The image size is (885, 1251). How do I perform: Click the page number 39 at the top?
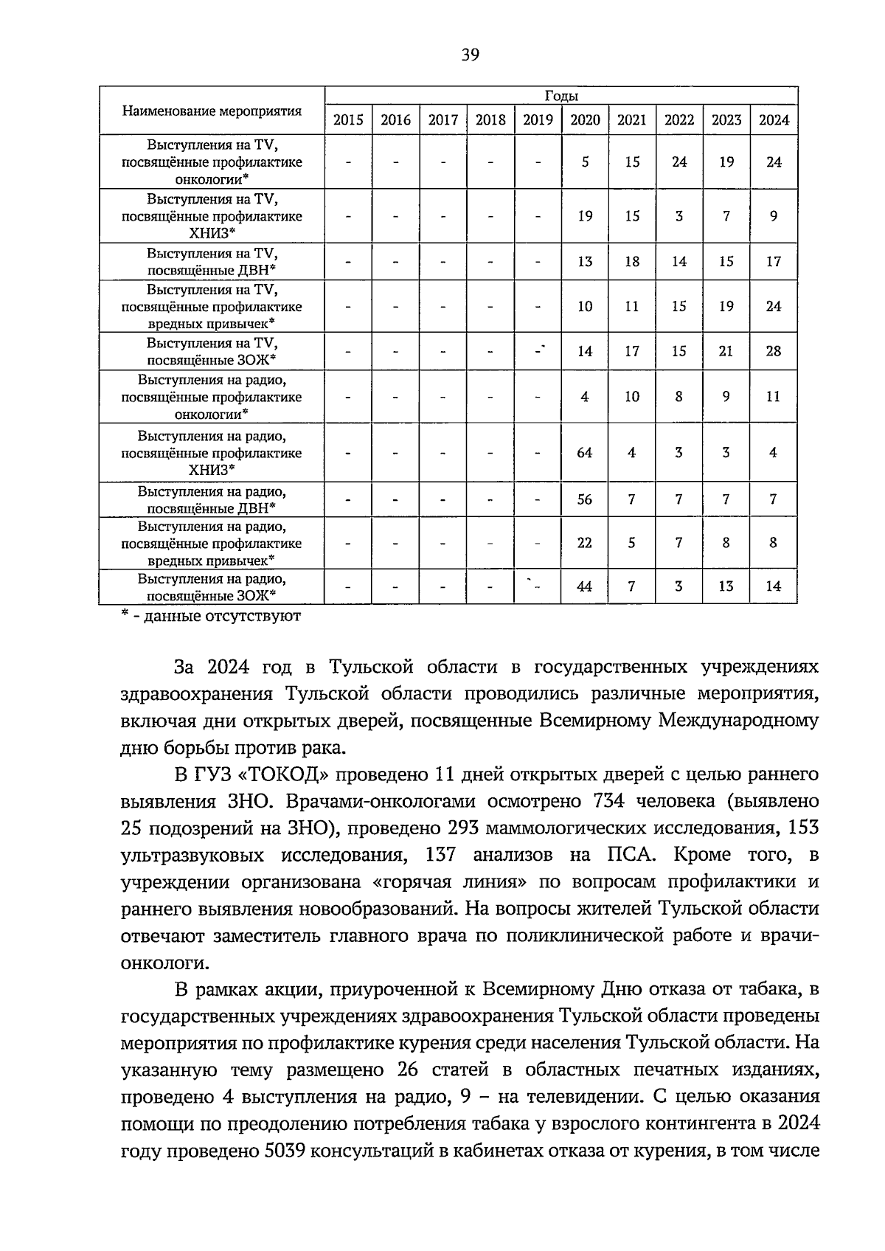coord(470,54)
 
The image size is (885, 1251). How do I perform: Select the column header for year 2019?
coord(538,120)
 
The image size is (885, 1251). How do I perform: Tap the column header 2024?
coord(774,120)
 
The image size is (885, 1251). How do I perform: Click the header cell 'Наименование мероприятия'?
coord(212,111)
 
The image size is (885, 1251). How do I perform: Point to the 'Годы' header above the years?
coord(561,96)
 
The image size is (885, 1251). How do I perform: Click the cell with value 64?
coord(584,453)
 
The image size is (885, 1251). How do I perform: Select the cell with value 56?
coord(584,499)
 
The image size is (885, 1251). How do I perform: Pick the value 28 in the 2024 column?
coord(773,351)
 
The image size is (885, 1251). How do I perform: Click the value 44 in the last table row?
coord(584,587)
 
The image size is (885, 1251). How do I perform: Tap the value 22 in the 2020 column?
coord(584,543)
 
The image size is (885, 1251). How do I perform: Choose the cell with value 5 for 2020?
coord(585,162)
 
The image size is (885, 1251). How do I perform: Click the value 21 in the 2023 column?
coord(726,351)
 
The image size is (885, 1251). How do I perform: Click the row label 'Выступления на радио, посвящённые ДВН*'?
coord(212,499)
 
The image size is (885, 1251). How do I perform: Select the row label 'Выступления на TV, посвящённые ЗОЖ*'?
coord(212,351)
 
